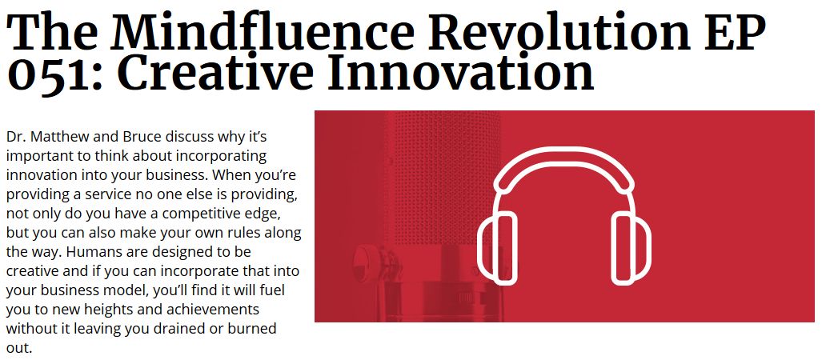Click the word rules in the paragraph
coord(251,233)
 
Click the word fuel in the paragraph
coord(272,290)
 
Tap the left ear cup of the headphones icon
coord(497,250)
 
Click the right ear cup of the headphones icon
coord(632,250)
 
